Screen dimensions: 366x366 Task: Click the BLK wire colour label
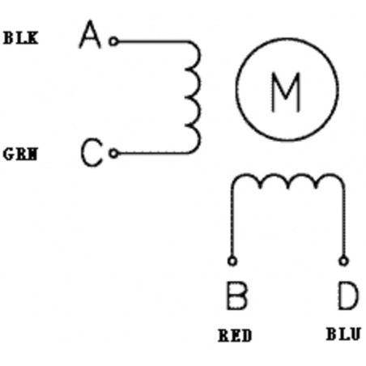[20, 38]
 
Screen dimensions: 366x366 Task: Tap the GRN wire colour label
[20, 154]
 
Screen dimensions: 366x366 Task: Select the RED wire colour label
[235, 335]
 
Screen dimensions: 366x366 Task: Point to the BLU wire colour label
[343, 334]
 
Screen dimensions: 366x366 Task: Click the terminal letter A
[90, 34]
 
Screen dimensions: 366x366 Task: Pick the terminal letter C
[91, 152]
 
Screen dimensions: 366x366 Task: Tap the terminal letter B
[236, 296]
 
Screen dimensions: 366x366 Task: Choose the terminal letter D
[348, 296]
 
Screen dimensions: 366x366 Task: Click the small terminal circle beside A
[113, 41]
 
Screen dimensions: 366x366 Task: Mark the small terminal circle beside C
[113, 153]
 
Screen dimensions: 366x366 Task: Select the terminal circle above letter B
[232, 261]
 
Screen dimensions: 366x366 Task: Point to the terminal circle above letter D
[343, 261]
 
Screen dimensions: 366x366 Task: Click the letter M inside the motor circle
[286, 92]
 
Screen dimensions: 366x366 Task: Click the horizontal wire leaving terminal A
[153, 41]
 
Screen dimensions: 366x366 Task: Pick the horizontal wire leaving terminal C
[153, 153]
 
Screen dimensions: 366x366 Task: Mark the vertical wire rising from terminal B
[232, 222]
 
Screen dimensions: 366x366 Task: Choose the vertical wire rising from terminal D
[343, 222]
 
